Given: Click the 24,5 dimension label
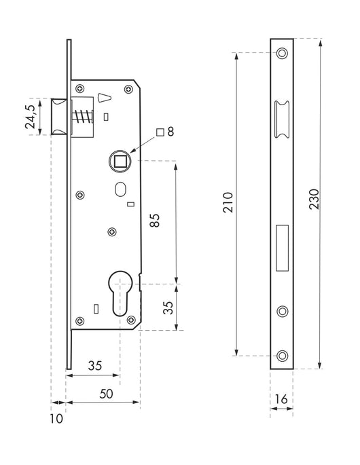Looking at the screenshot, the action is pos(31,117).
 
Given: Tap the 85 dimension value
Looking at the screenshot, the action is pos(155,221).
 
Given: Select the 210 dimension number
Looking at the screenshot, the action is pos(228,202).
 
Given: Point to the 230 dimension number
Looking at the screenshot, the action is pos(314,200).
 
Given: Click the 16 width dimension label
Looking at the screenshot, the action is pos(281,399).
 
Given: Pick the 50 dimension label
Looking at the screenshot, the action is pos(106,394).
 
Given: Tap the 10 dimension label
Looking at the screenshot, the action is pos(56,419).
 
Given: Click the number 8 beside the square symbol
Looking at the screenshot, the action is pos(170,132).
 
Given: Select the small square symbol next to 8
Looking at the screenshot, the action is pos(160,132).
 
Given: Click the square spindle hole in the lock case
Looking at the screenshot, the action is pos(120,161).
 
